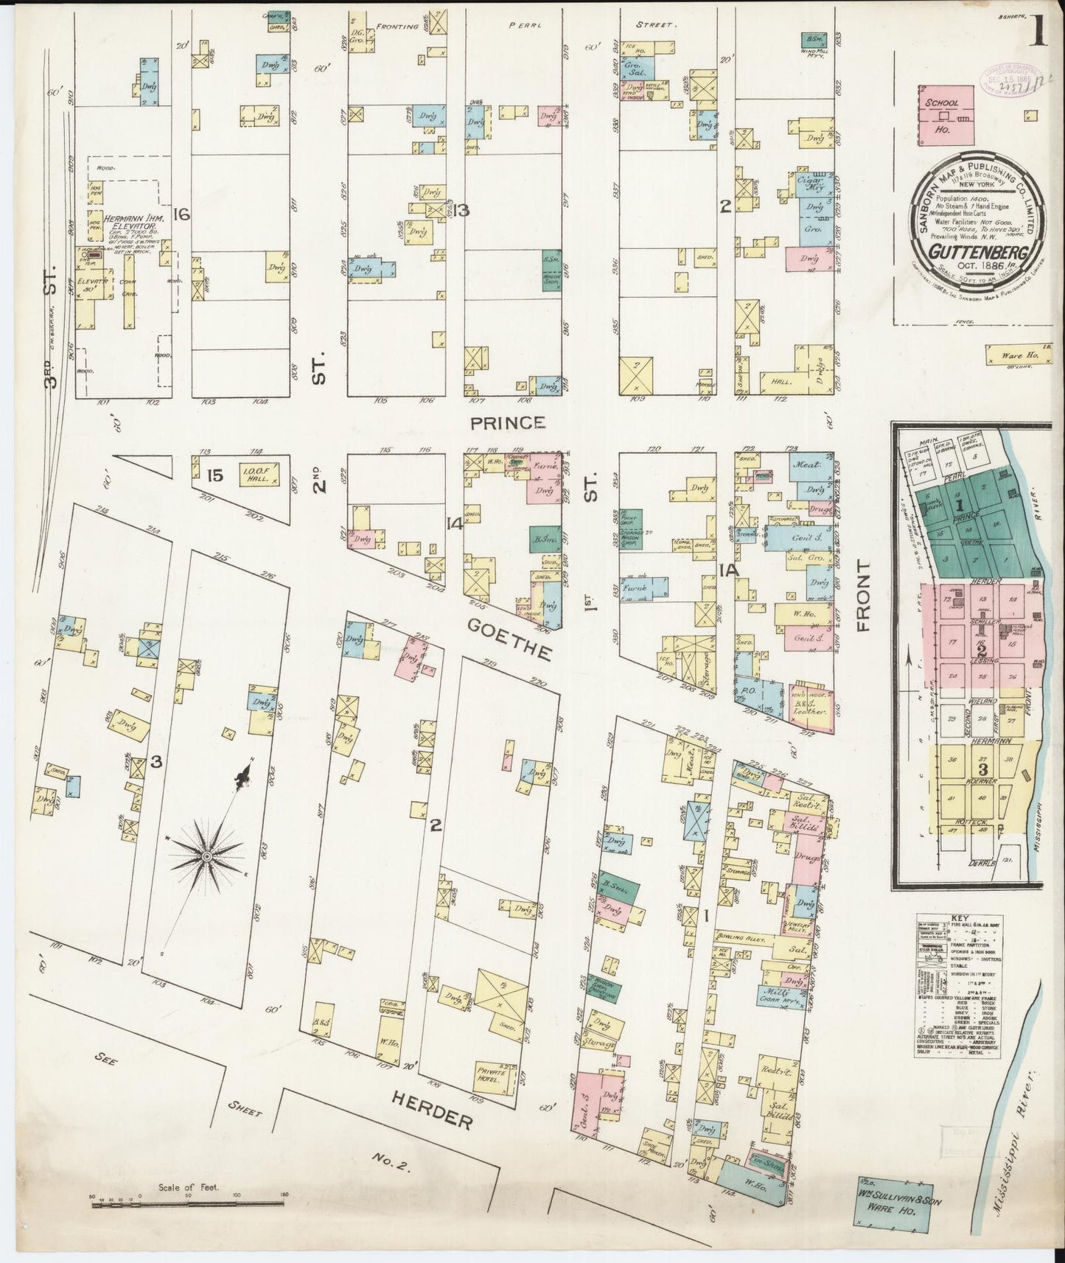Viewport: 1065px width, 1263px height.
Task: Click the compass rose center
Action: tap(207, 856)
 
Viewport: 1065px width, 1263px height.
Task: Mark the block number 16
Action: tap(182, 214)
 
